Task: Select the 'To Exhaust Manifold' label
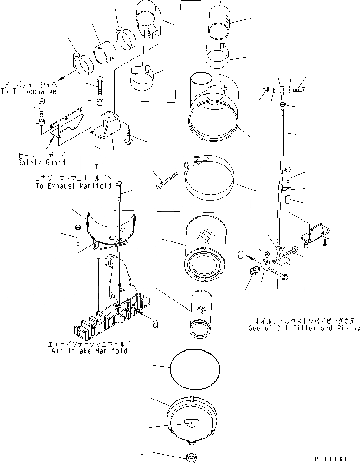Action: pos(73,186)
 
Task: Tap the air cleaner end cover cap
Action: pos(192,419)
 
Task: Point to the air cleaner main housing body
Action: pos(212,111)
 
